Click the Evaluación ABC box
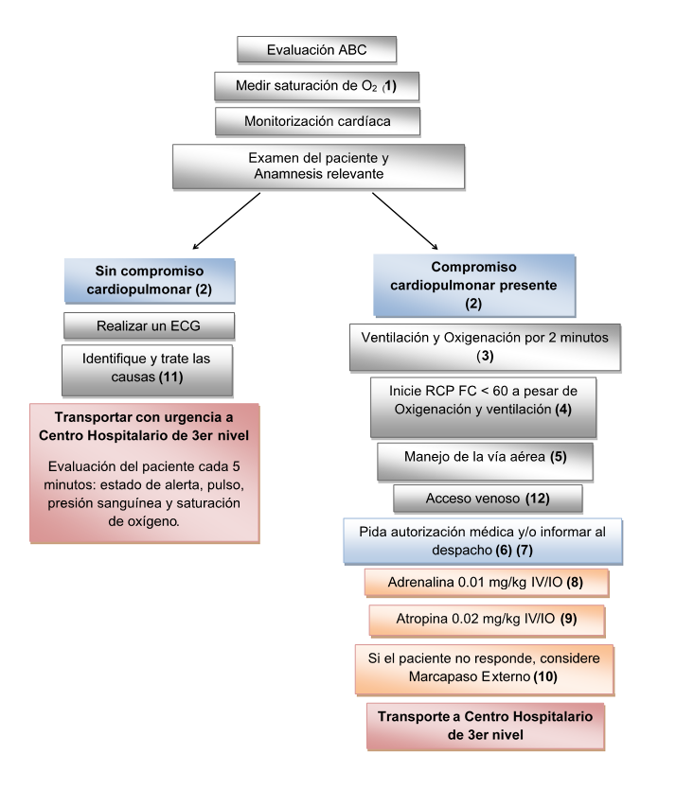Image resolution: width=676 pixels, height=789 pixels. [316, 49]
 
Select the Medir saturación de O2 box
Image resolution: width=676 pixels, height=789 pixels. [316, 86]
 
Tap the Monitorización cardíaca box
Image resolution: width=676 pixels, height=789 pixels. [316, 121]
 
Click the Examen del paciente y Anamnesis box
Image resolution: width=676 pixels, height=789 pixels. [318, 166]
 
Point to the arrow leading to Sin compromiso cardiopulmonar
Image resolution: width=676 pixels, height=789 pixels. [227, 220]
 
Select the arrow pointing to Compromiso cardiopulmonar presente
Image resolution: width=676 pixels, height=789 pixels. [405, 220]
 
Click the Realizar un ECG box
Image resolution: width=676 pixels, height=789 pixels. [150, 325]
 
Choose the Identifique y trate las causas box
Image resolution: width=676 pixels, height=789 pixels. [150, 369]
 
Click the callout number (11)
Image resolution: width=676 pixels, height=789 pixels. [183, 377]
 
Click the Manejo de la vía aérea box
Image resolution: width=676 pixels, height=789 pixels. [485, 461]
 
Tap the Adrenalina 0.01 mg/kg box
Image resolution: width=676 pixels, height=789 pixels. [485, 582]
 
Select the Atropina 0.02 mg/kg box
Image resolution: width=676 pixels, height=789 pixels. [485, 621]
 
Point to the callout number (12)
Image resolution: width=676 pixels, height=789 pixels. [529, 498]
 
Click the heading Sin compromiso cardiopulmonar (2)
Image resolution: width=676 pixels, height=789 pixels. [150, 278]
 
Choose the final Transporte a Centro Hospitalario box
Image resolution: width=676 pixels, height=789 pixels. [485, 725]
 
